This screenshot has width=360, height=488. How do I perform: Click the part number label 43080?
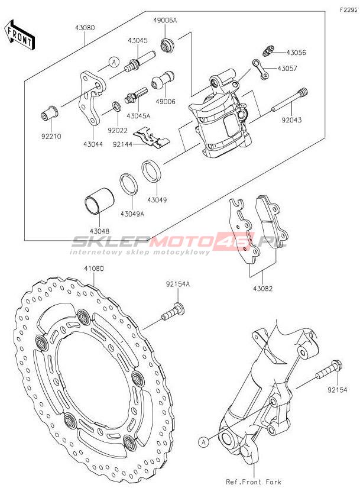85,27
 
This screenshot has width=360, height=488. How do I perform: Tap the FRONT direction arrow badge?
19,34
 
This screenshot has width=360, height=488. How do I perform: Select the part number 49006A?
165,20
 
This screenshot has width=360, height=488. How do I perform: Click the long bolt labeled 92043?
290,101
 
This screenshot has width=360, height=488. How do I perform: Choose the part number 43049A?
132,214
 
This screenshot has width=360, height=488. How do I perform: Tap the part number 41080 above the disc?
93,269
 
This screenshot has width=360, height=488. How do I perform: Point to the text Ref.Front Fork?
253,482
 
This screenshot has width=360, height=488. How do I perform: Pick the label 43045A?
141,115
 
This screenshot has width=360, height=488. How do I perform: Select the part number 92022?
118,125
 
